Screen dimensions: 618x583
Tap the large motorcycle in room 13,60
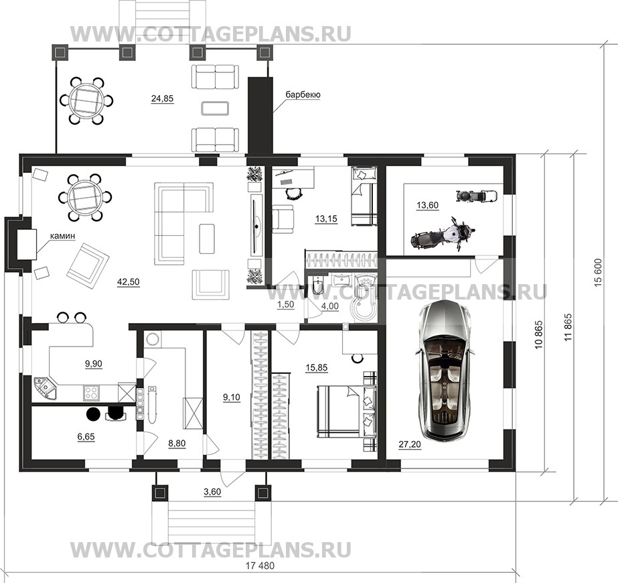(x=443, y=235)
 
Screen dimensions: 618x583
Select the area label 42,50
(x=129, y=282)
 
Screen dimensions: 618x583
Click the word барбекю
(x=303, y=94)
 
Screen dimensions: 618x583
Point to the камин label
(x=62, y=236)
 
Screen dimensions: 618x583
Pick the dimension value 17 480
(x=260, y=566)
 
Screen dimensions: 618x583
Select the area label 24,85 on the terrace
(x=163, y=99)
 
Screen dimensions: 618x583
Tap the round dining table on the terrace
(x=87, y=101)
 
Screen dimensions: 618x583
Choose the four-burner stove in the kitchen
(x=92, y=392)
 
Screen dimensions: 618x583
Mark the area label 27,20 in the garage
(x=410, y=445)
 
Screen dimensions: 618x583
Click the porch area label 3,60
(x=212, y=492)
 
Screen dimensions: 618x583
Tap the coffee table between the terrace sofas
(x=215, y=108)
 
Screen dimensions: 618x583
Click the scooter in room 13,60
(x=476, y=195)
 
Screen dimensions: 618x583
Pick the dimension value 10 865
(x=539, y=334)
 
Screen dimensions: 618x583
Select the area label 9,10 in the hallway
(x=232, y=397)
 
